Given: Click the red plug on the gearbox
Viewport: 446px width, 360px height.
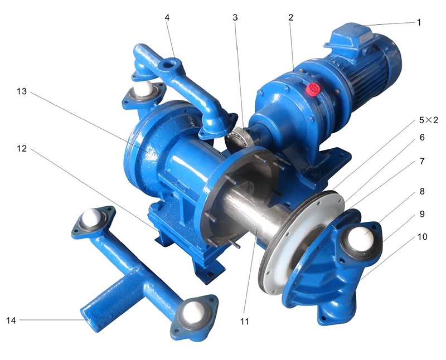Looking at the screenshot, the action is coord(313,90).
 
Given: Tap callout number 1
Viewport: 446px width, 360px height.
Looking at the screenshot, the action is coord(419,22).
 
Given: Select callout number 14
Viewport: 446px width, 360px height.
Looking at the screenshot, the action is coord(11,320).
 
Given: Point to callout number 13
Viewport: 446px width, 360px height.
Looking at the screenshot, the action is coord(22,91).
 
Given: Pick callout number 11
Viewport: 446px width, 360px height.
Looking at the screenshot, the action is coord(244,322).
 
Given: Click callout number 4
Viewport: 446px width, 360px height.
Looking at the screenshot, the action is coord(167,17).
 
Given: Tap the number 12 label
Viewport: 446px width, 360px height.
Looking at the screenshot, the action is coord(22,148).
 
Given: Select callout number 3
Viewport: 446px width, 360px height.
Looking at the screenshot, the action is coord(235,17).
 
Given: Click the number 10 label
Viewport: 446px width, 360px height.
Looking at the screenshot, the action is coord(423,237).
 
